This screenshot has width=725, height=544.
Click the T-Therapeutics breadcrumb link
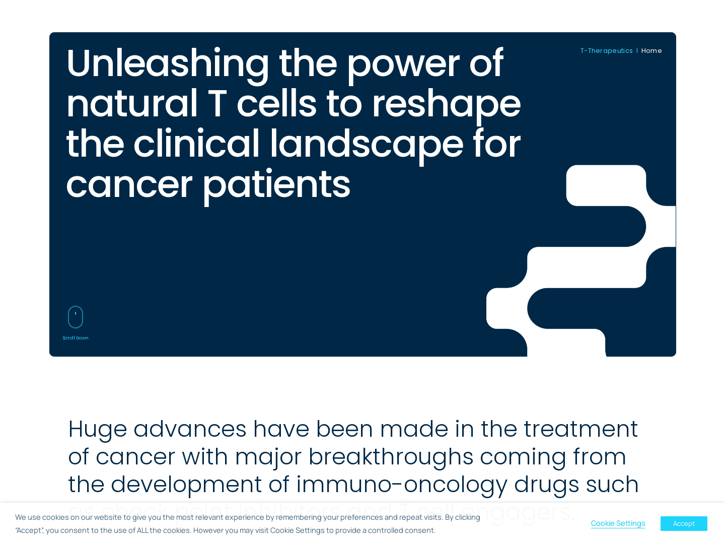tap(606, 51)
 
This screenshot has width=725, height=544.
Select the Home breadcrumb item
tap(651, 51)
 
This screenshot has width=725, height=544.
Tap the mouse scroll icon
tap(76, 317)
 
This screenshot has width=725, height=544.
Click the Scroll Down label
tap(76, 338)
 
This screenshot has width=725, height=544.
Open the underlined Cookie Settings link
tap(618, 523)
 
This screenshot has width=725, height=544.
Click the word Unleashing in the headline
tap(168, 64)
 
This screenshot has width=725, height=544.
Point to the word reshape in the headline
tap(446, 104)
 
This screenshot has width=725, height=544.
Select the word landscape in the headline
tap(367, 145)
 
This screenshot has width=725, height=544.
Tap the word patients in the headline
tap(276, 185)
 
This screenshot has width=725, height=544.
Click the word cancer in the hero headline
tap(129, 185)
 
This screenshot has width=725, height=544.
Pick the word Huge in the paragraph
tap(97, 430)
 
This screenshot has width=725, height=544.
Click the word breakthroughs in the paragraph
tap(391, 457)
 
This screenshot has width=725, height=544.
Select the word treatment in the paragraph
tap(581, 429)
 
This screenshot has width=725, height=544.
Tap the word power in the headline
tap(403, 64)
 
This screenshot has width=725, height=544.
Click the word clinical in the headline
tap(196, 145)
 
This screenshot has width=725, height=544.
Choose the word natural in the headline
tap(132, 104)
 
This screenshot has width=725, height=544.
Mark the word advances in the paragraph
tap(190, 429)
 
